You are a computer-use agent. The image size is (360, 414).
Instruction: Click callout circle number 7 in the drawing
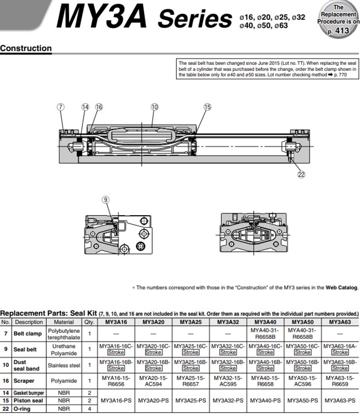(61, 107)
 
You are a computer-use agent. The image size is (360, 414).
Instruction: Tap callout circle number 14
(85, 107)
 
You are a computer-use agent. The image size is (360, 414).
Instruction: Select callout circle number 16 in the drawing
(99, 107)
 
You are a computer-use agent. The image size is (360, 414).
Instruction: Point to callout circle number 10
(154, 107)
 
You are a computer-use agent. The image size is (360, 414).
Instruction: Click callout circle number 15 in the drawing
(207, 107)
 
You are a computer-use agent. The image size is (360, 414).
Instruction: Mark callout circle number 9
(106, 200)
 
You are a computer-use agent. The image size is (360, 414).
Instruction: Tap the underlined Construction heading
(26, 48)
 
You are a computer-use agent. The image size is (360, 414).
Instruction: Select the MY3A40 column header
(266, 322)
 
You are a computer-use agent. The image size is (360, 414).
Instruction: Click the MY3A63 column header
(340, 322)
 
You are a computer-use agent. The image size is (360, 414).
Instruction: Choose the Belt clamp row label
(27, 333)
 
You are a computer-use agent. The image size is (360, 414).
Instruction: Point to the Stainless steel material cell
(64, 365)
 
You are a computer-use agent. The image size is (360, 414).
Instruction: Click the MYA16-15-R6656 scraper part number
(115, 381)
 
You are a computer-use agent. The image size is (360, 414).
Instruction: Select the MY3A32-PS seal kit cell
(228, 401)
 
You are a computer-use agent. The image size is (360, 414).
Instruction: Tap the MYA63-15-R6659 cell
(340, 381)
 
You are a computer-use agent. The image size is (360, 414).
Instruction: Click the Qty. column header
(89, 322)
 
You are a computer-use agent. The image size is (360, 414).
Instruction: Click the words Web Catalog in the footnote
(342, 287)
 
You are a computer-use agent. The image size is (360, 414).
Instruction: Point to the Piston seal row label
(29, 401)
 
